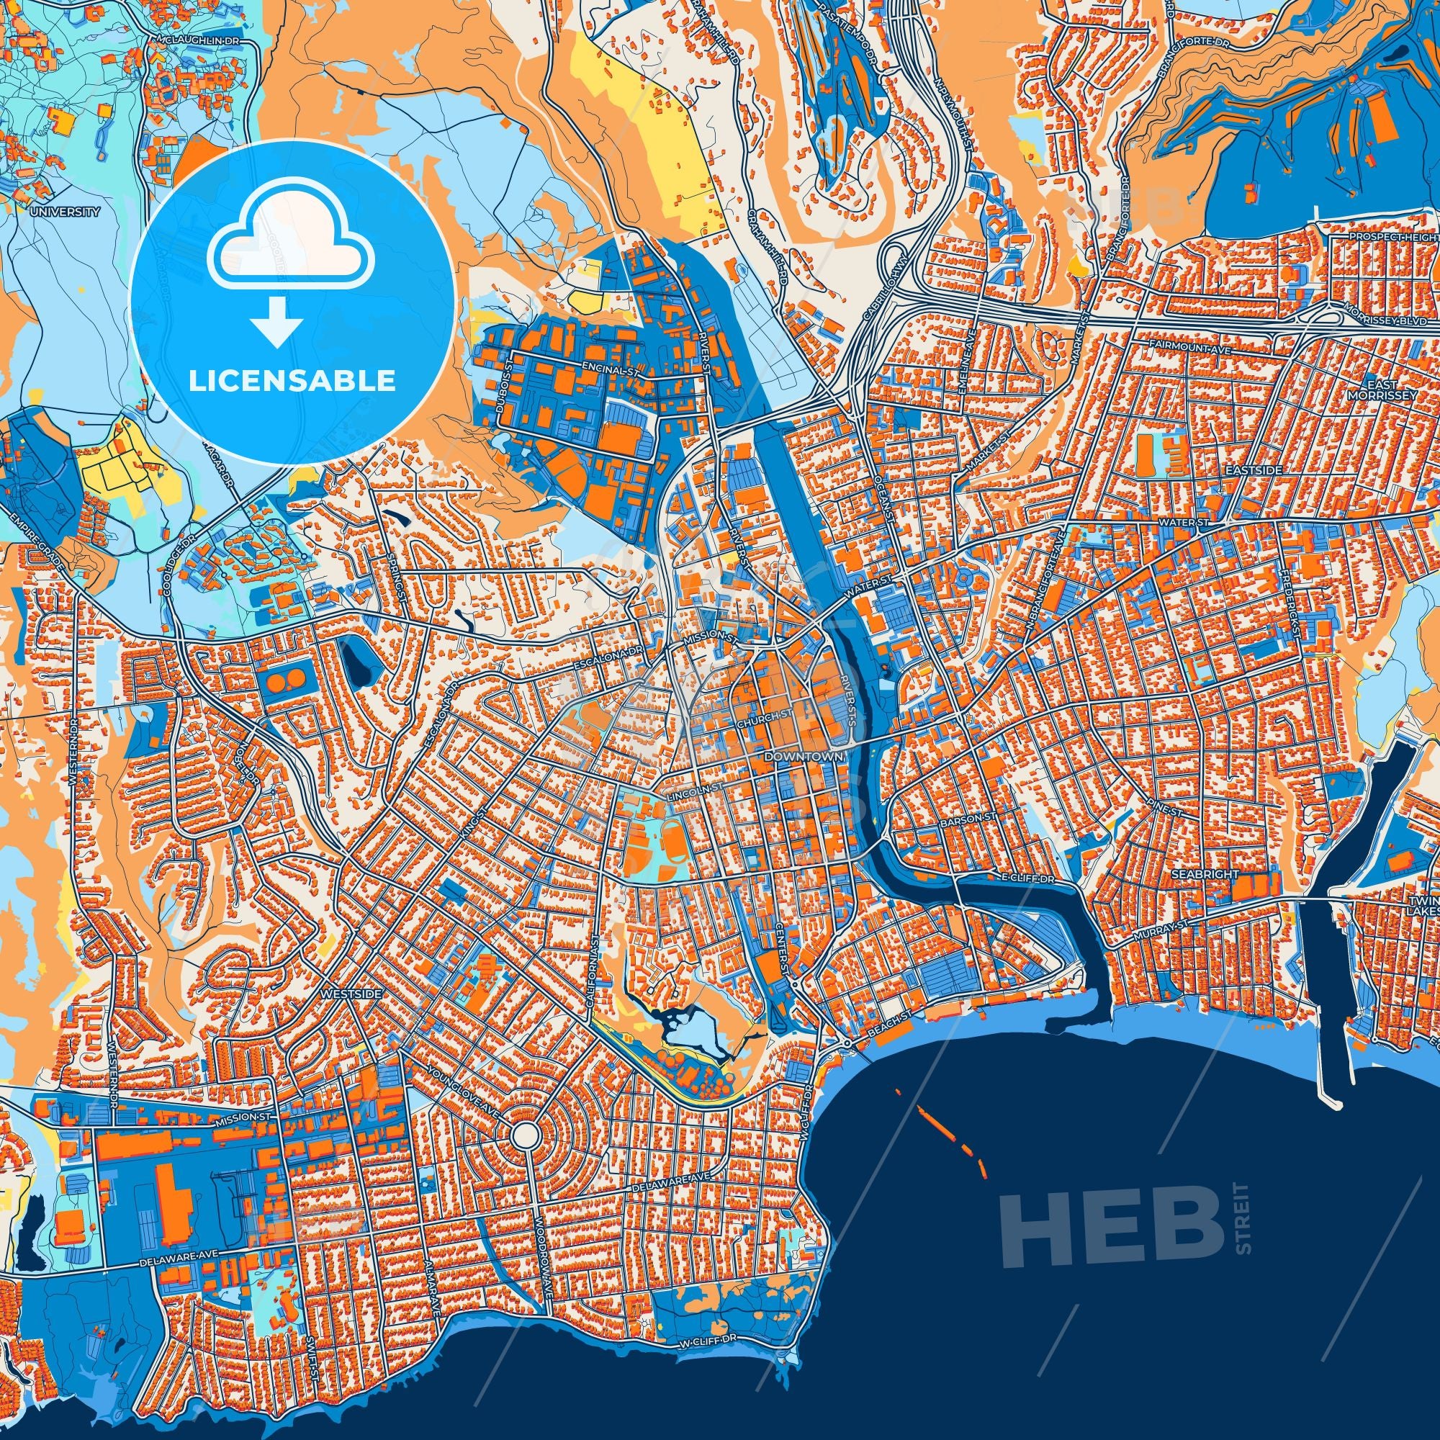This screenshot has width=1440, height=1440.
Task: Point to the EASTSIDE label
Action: pos(1255,471)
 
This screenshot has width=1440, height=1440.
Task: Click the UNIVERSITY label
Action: pos(65,212)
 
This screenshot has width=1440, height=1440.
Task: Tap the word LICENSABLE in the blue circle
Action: pos(292,381)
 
